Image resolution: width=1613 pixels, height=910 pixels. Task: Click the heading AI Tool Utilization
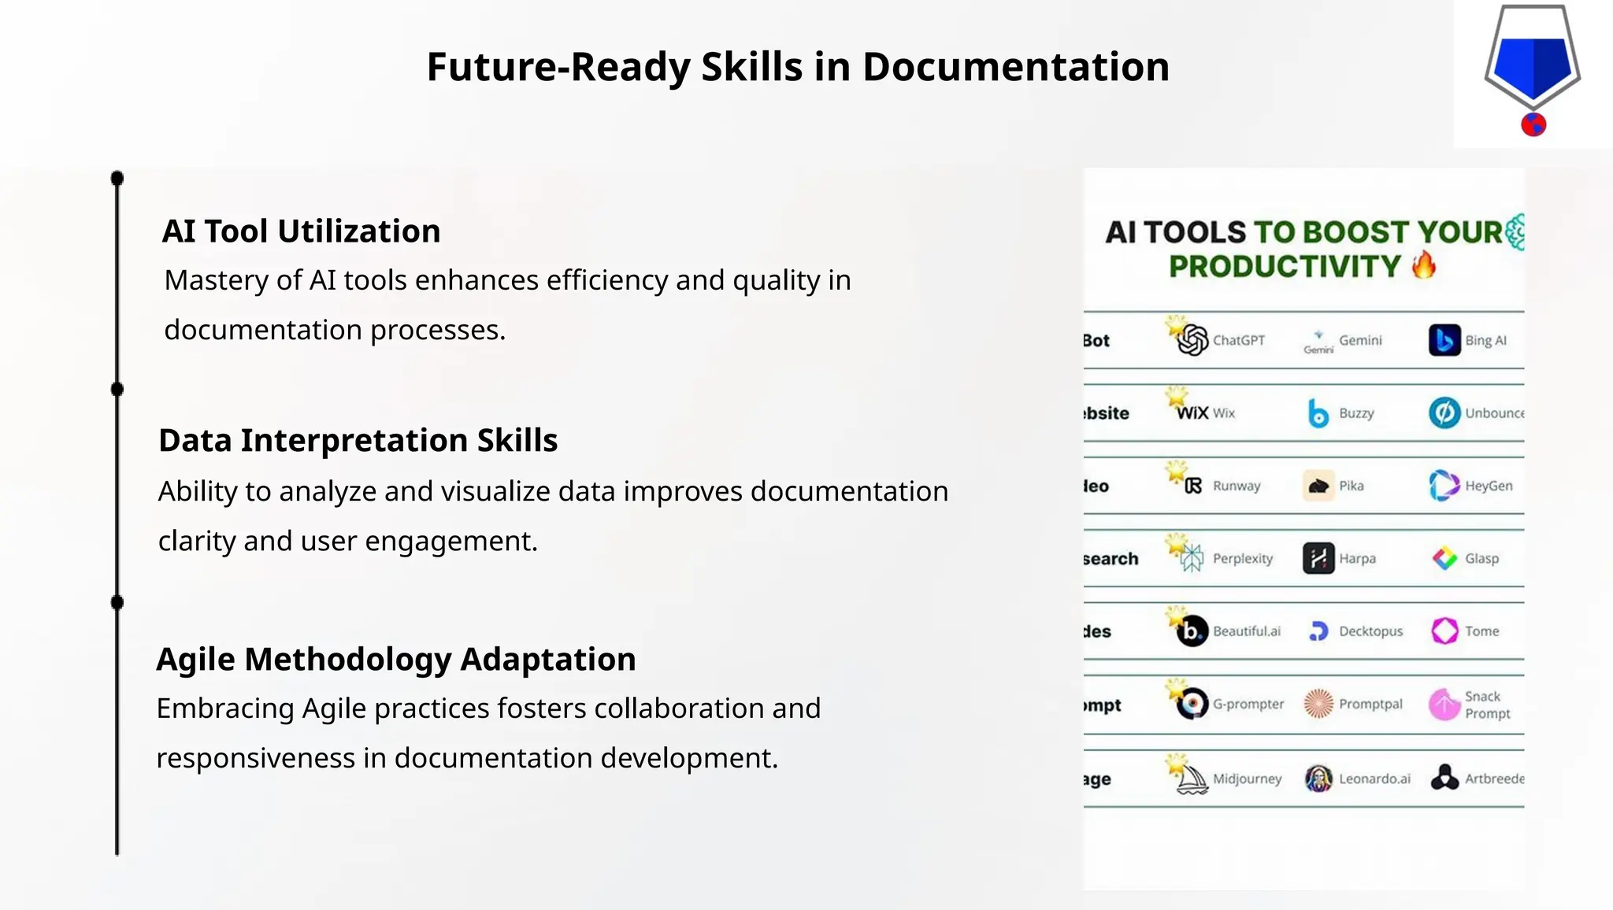[x=301, y=231]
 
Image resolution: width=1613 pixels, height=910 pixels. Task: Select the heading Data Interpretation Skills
[x=358, y=441]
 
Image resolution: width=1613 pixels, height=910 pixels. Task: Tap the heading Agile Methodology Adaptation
[x=395, y=660]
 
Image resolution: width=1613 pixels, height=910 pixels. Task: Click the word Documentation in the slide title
[x=1015, y=67]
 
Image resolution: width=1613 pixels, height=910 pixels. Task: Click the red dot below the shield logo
[x=1533, y=124]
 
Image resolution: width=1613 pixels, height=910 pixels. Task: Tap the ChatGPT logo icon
[x=1192, y=340]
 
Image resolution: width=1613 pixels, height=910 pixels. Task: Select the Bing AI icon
[x=1444, y=340]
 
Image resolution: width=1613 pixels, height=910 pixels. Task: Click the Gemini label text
[x=1360, y=340]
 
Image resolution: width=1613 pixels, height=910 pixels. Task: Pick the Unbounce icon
[x=1444, y=413]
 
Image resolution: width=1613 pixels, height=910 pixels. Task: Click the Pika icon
[x=1318, y=486]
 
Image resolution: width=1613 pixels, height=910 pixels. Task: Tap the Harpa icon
[x=1318, y=558]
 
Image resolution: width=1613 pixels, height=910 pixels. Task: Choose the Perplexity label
[x=1242, y=558]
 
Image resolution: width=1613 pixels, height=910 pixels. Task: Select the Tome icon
[x=1444, y=631]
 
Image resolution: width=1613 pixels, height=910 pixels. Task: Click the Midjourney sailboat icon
[x=1192, y=779]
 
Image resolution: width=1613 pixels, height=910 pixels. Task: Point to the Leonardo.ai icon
[x=1318, y=779]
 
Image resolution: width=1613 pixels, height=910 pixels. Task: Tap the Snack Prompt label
[x=1487, y=705]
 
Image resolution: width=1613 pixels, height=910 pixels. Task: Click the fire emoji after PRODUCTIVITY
[x=1424, y=265]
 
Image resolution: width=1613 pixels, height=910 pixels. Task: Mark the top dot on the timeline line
[x=117, y=179]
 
